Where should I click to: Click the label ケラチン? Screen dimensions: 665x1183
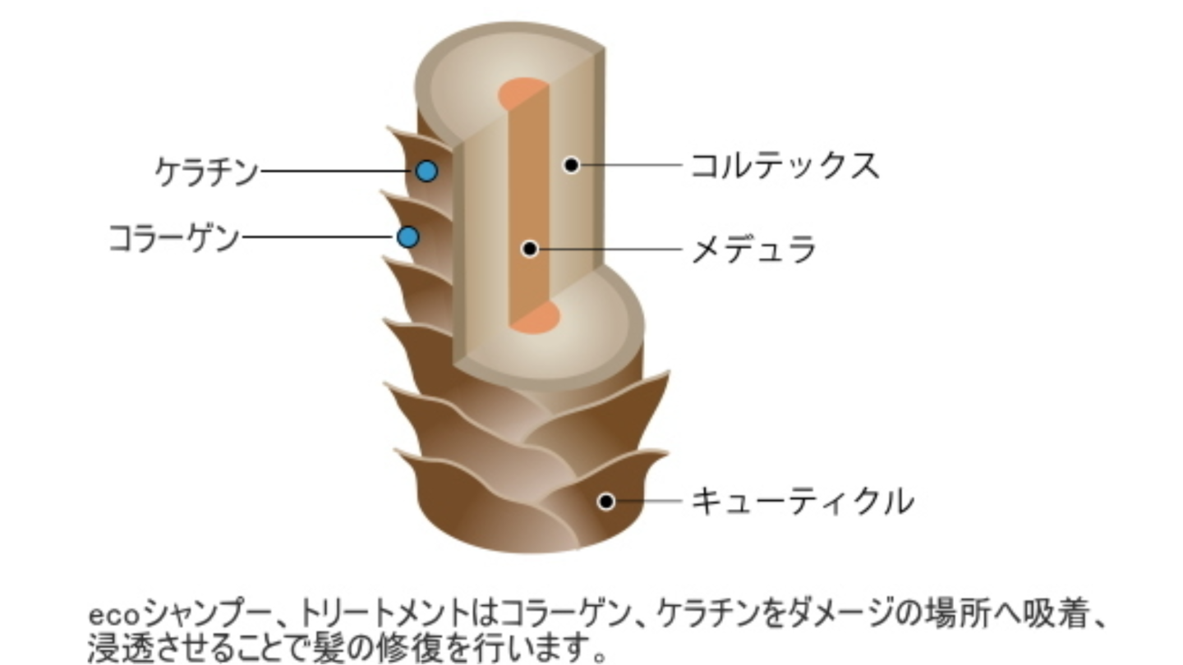coord(206,172)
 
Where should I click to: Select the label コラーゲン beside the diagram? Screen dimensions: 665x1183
coord(174,238)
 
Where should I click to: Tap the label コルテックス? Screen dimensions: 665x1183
coord(785,165)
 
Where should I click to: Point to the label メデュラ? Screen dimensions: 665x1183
coord(753,248)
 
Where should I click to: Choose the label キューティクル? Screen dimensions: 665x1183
coord(802,500)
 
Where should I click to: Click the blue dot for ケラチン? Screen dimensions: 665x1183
coord(426,171)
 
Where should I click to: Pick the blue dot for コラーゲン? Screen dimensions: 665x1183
coord(407,237)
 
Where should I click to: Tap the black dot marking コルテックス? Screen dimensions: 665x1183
coord(571,165)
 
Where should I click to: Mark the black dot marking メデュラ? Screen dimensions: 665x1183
coord(530,248)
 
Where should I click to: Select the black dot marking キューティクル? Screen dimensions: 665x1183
coord(606,501)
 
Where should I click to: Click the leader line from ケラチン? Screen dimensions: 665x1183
coord(337,172)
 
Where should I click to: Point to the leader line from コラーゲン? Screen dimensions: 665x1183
coord(316,237)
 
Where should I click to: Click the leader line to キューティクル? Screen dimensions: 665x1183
coord(649,500)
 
